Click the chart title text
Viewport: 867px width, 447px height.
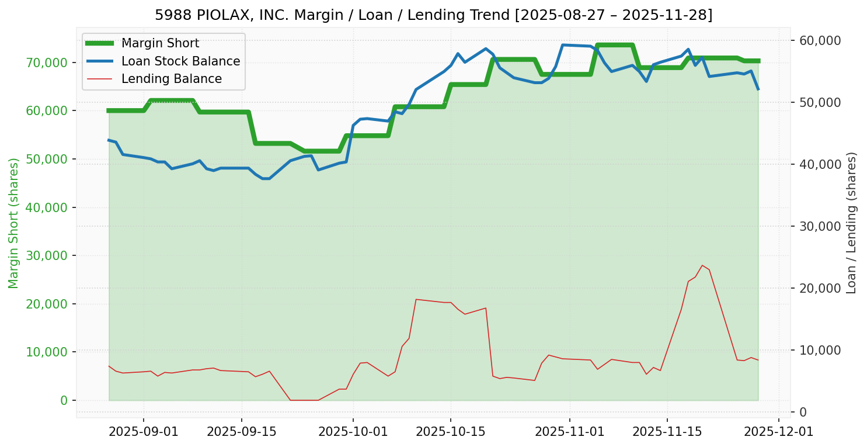coord(433,15)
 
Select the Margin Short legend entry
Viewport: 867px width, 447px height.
coord(160,43)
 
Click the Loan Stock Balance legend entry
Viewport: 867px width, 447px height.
coord(180,61)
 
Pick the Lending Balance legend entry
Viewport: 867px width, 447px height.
coord(171,79)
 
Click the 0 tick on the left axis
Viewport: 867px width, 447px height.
coord(64,400)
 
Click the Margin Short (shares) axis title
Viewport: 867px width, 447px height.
coord(14,223)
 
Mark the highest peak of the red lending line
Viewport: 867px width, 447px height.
coord(702,265)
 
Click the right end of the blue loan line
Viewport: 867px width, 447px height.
coord(758,89)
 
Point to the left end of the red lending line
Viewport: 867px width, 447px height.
coord(109,366)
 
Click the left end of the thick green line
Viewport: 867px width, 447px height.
coord(109,110)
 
